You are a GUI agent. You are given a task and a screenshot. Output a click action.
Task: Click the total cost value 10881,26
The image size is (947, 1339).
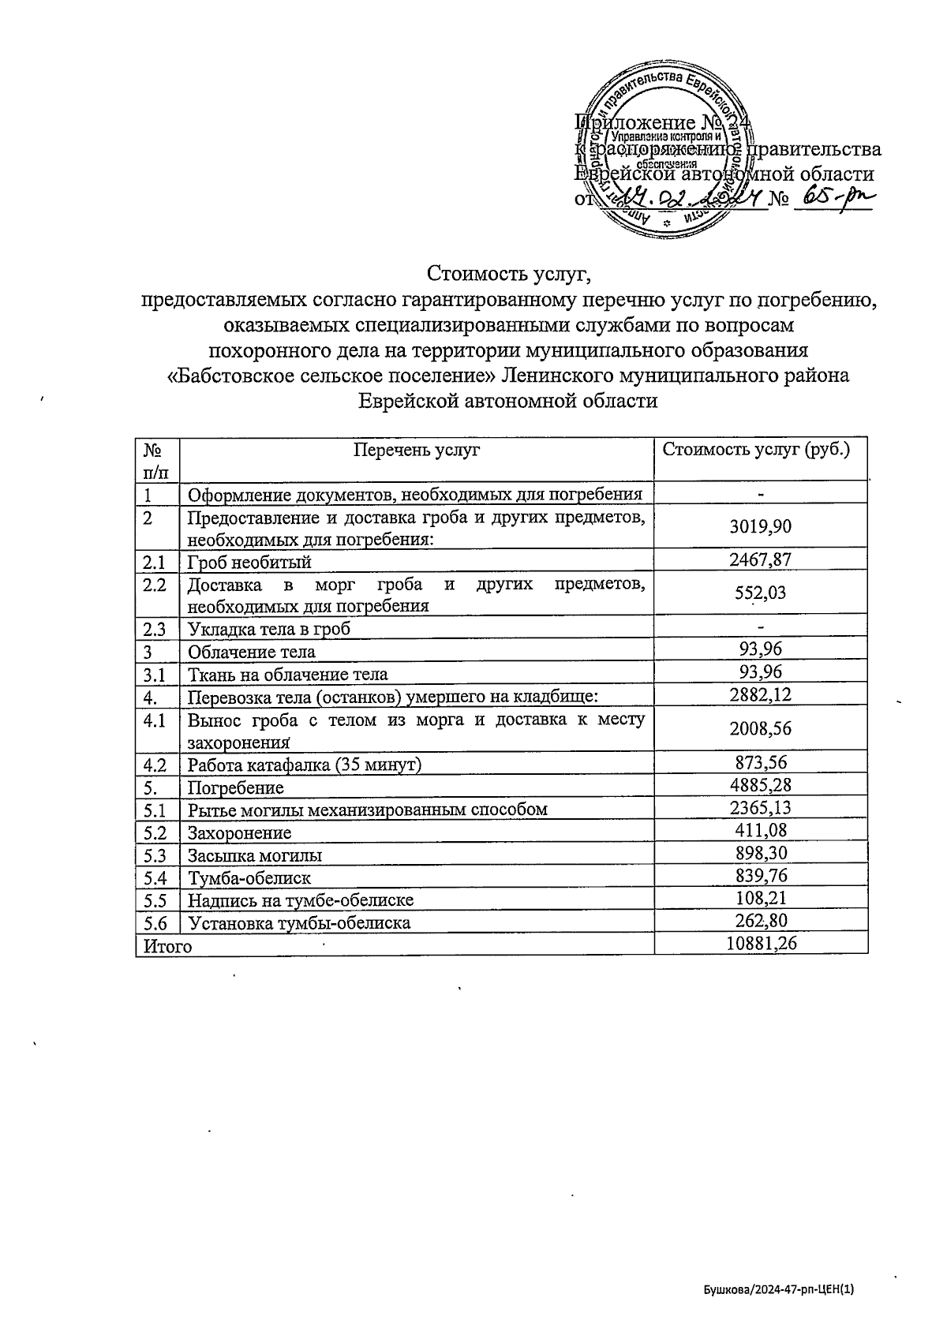[x=761, y=944]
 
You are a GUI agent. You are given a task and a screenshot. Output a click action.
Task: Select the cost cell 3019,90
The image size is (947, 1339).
[x=761, y=526]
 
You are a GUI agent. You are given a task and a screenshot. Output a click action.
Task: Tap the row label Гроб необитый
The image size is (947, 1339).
[x=249, y=562]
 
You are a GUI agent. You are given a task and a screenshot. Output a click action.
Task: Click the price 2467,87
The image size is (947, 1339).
[x=761, y=560]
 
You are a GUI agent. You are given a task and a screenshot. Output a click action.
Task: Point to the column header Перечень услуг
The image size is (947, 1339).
[x=417, y=451]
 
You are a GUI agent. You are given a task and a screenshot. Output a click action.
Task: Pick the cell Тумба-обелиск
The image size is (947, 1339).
[x=249, y=877]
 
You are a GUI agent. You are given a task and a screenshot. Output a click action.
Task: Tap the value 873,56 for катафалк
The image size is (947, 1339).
[x=761, y=763]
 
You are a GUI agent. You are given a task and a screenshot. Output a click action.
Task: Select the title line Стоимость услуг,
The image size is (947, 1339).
[x=508, y=274]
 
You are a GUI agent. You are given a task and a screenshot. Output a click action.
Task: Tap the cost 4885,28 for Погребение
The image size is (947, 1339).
[x=761, y=785]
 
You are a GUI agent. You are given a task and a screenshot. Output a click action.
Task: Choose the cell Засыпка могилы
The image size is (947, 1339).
[x=254, y=855]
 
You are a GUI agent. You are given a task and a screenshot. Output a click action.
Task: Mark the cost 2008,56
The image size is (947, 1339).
[x=761, y=728]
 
